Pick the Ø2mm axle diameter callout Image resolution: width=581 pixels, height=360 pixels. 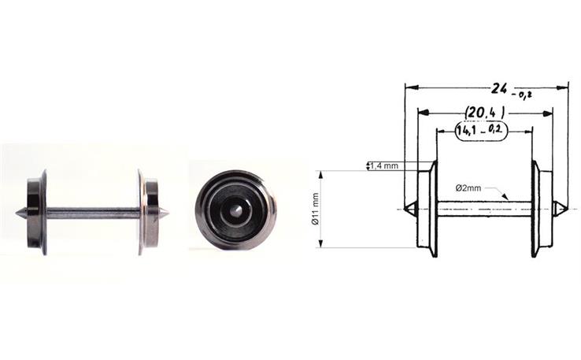point(469,188)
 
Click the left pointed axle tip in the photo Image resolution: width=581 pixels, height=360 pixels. point(19,213)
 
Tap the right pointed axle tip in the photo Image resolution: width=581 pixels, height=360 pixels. point(166,213)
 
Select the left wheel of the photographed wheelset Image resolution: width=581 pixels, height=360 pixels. point(36,212)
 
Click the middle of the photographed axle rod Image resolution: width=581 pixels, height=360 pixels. point(92,212)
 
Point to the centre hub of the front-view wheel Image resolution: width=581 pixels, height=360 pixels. point(236,210)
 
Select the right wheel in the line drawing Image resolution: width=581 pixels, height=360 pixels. point(541,209)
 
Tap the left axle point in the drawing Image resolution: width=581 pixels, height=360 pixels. point(409,209)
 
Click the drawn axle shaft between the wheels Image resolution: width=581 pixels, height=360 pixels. point(484,209)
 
